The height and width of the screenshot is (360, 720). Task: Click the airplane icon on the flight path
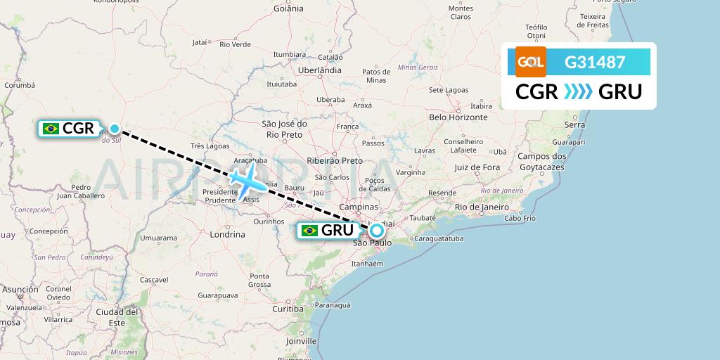246,180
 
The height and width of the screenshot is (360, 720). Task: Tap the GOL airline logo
531,62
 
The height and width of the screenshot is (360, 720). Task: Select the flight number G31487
595,62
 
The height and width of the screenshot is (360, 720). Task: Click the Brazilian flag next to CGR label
51,128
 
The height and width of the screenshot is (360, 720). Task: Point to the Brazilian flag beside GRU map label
309,231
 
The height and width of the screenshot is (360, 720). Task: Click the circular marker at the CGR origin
115,129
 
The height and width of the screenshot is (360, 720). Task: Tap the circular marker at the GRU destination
378,230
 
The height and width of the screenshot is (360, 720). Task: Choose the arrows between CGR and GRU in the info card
579,92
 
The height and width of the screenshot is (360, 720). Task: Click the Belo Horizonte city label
458,117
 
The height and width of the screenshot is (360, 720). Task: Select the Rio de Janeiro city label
482,207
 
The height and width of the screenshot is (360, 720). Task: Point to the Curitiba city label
287,309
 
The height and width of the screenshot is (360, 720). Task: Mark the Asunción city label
20,289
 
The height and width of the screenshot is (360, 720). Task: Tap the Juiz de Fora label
477,167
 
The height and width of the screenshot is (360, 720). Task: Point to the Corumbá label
19,85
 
